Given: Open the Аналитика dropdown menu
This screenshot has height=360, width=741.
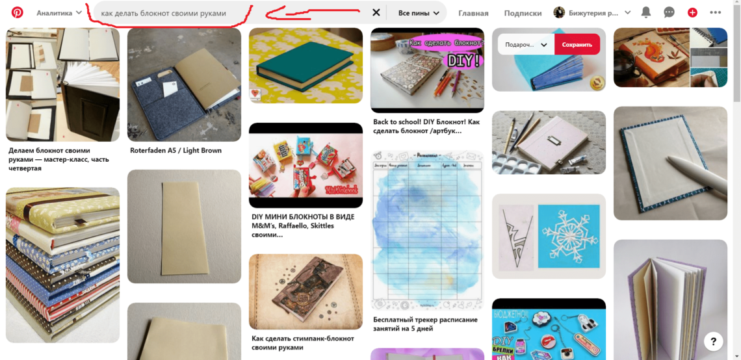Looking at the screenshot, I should click(x=59, y=13).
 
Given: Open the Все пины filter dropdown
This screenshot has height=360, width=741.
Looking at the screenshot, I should click(x=422, y=13).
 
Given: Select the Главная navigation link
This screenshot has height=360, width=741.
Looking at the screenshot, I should click(x=473, y=13).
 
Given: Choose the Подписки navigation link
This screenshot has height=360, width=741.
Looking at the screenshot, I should click(x=523, y=13).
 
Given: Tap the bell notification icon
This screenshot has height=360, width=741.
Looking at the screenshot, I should click(x=645, y=12).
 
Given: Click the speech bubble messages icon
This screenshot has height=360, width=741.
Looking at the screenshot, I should click(x=669, y=12).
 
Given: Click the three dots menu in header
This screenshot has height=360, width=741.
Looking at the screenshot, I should click(x=715, y=12).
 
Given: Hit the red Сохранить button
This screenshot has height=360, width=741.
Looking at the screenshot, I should click(x=577, y=44).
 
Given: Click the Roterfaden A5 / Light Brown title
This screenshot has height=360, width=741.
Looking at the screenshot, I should click(x=175, y=150).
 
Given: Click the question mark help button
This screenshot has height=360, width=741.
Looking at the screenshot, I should click(x=713, y=341).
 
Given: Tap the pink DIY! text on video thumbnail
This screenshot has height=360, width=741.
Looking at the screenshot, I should click(x=463, y=60).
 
